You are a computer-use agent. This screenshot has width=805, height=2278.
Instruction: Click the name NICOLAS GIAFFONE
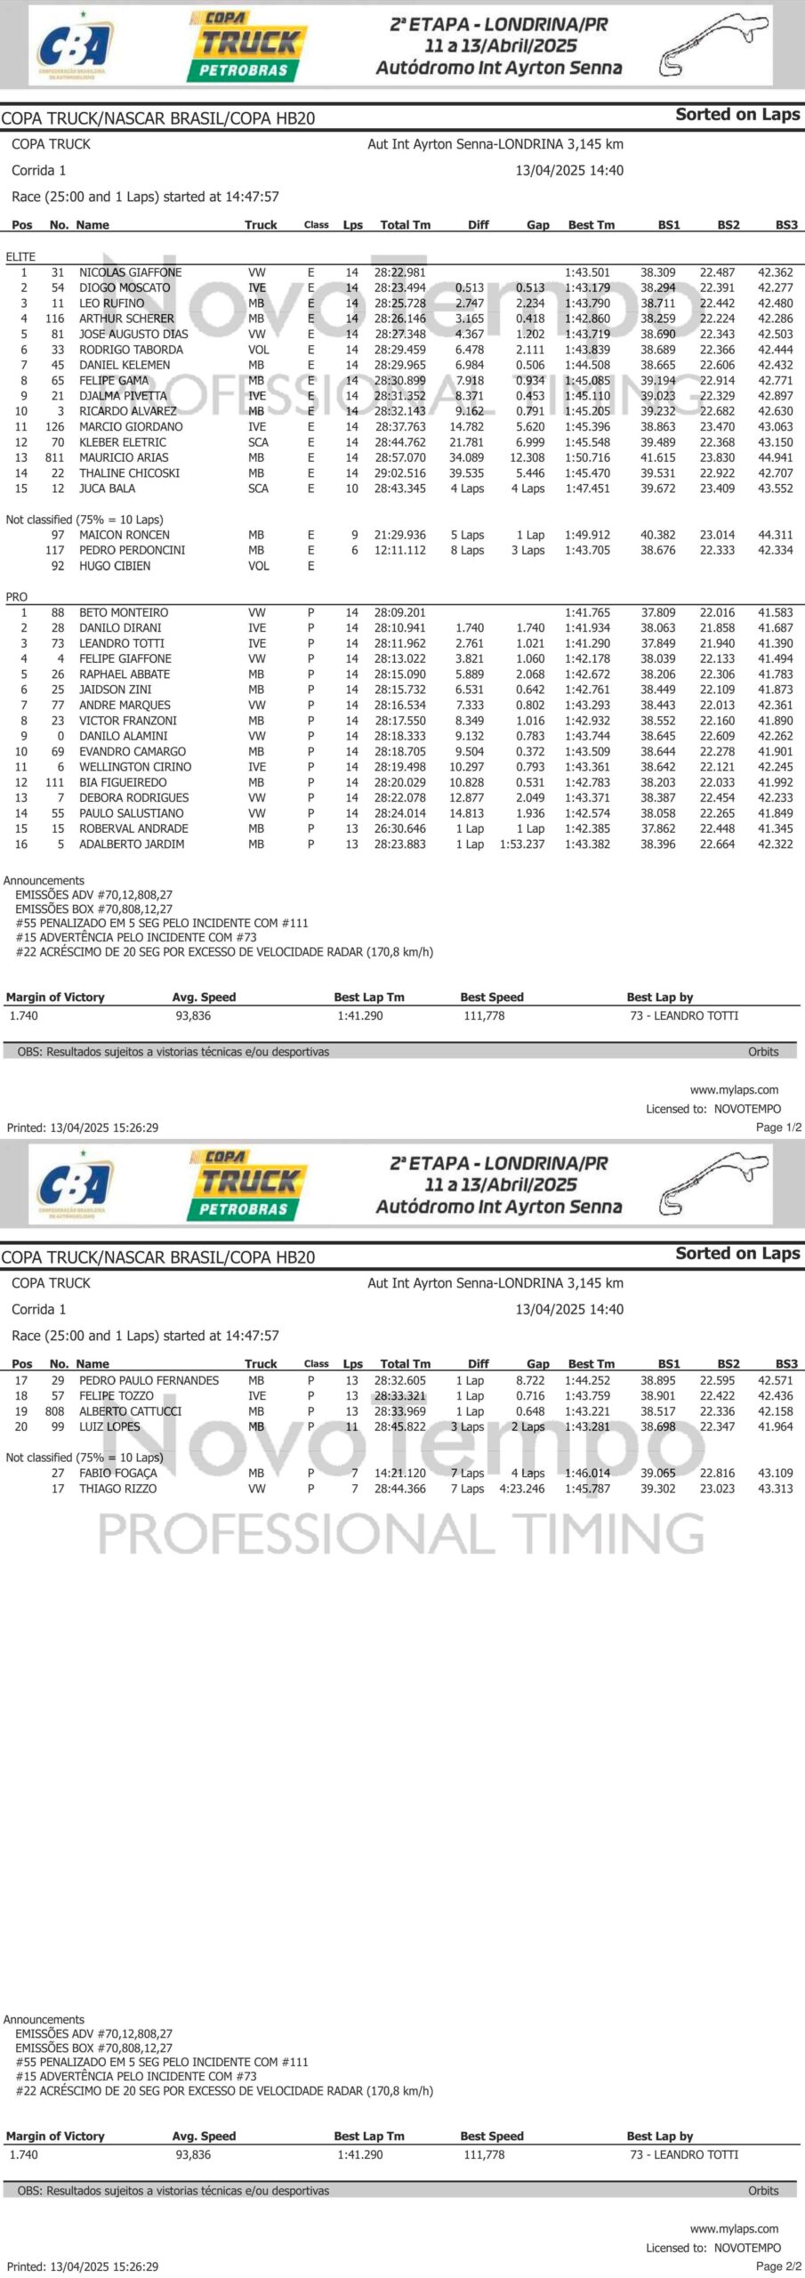click(x=130, y=272)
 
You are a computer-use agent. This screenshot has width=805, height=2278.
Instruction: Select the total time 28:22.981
click(x=399, y=272)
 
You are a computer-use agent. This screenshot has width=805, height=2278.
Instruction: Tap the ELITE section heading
click(x=20, y=256)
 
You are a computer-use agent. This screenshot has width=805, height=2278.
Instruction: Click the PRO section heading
click(x=17, y=597)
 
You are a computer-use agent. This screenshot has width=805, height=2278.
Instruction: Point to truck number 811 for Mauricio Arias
click(x=55, y=457)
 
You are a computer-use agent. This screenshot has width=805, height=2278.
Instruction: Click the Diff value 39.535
click(x=466, y=473)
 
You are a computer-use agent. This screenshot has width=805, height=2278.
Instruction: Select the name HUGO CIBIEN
click(x=115, y=566)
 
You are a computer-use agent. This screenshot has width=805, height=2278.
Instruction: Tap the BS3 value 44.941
click(x=775, y=457)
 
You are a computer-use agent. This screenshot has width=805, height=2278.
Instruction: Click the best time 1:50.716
click(x=587, y=457)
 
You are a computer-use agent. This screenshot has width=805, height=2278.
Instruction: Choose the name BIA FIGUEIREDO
click(x=123, y=782)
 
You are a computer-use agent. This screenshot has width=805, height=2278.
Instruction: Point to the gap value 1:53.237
click(x=521, y=844)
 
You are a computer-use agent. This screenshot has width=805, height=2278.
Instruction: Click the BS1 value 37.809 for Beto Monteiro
click(x=657, y=612)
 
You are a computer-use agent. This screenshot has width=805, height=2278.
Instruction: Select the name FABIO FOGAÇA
click(x=117, y=1473)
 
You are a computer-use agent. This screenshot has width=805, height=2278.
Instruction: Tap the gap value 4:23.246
click(x=521, y=1488)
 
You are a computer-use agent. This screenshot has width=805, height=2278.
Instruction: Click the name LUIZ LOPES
click(x=109, y=1426)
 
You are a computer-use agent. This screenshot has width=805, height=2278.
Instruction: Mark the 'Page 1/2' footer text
click(x=778, y=1127)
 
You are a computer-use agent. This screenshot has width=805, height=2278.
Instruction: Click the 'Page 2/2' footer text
click(x=778, y=2266)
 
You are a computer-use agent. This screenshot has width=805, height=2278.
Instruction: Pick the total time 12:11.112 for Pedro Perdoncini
click(x=399, y=550)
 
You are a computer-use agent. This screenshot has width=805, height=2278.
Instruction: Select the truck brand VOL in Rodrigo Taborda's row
click(x=258, y=350)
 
